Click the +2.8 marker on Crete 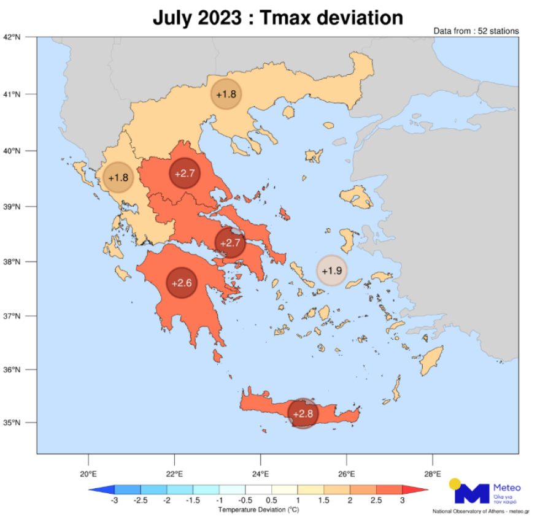pyautogui.click(x=303, y=413)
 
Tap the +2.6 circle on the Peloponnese pyautogui.click(x=182, y=283)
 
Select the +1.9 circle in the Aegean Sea pyautogui.click(x=331, y=270)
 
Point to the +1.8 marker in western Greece pyautogui.click(x=118, y=178)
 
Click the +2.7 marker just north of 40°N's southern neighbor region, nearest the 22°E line pyautogui.click(x=184, y=174)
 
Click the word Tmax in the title pyautogui.click(x=289, y=18)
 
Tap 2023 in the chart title pyautogui.click(x=220, y=18)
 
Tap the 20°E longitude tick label pyautogui.click(x=88, y=473)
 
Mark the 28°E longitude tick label pyautogui.click(x=433, y=473)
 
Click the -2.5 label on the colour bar pyautogui.click(x=141, y=501)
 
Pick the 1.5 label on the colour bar pyautogui.click(x=323, y=501)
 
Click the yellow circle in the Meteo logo pyautogui.click(x=455, y=483)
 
